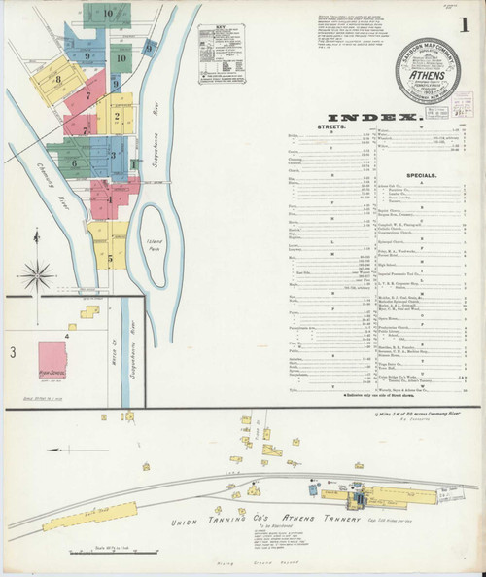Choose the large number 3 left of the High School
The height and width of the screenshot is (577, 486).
point(13,350)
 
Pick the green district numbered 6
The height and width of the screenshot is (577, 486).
point(74,162)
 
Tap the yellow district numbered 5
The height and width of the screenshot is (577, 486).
point(112,258)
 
